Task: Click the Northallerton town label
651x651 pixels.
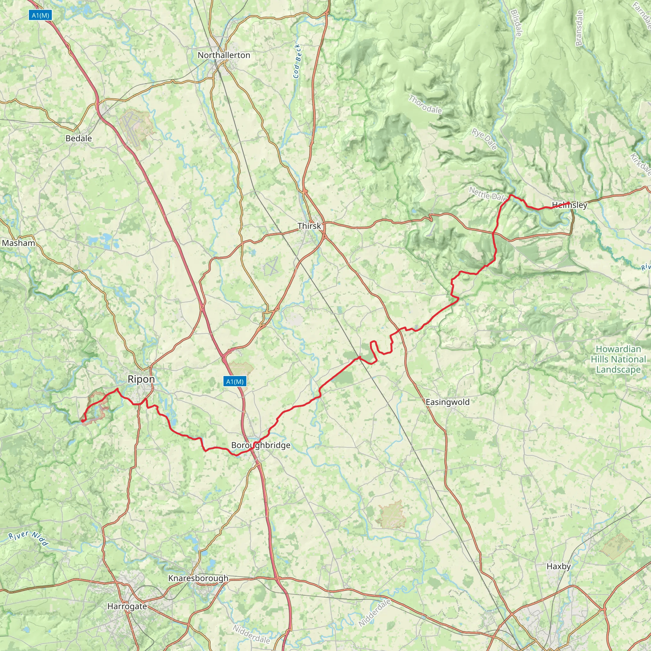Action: tap(224, 55)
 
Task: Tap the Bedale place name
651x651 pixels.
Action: tap(79, 138)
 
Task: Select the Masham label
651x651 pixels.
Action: tap(18, 243)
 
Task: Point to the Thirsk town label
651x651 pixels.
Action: tap(309, 226)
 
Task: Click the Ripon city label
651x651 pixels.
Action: tap(141, 379)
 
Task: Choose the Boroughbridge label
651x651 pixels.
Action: tap(260, 445)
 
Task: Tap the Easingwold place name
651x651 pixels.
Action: tap(448, 402)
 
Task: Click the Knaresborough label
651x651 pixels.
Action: tap(198, 578)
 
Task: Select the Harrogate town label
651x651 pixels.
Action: tap(127, 606)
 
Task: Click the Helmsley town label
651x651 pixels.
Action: tap(569, 205)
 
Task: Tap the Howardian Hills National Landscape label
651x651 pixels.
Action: tap(618, 359)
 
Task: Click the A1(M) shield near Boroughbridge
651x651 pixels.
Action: tap(235, 381)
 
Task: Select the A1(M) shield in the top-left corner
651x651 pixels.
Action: tap(40, 15)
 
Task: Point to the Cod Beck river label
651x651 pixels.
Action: tap(297, 61)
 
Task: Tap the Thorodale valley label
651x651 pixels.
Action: tap(425, 105)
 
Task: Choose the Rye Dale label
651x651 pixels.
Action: tap(484, 139)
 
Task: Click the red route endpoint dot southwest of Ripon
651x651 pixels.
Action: tap(83, 421)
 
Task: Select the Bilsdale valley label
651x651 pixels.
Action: tap(516, 23)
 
